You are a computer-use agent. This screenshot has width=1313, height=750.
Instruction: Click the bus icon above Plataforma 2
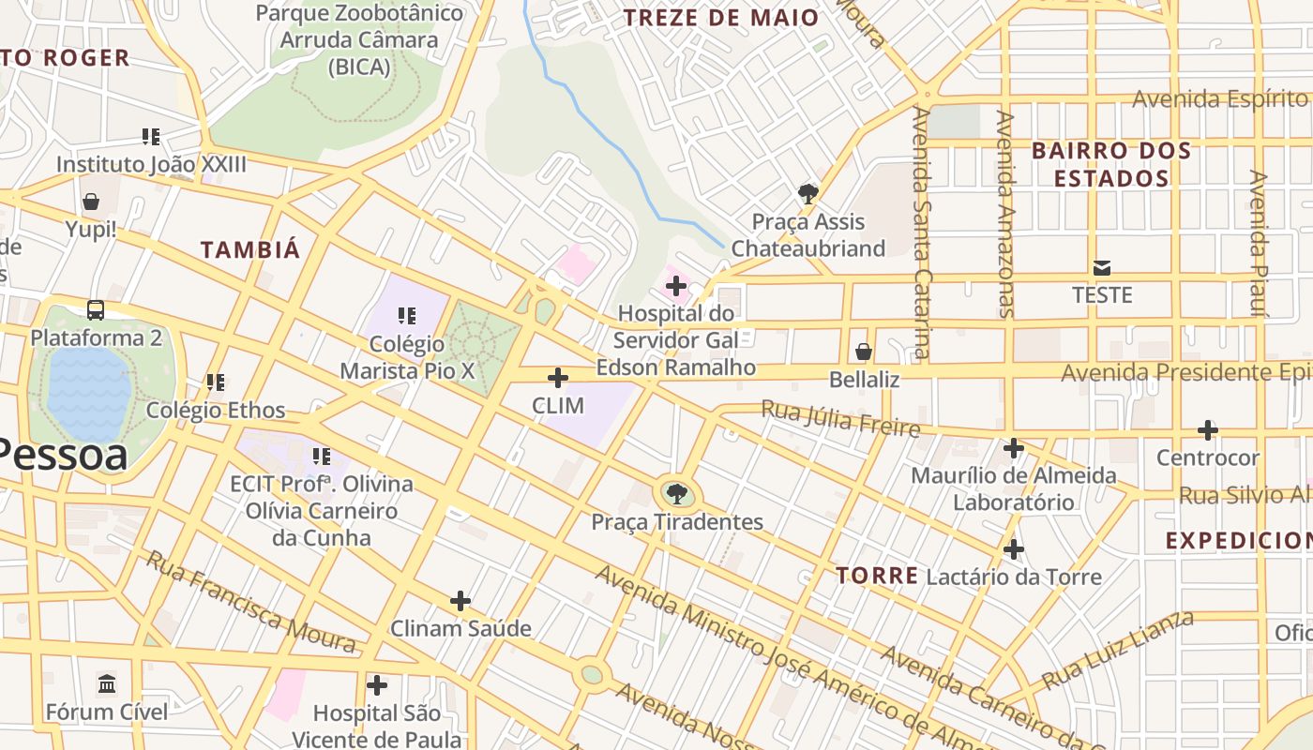coord(96,309)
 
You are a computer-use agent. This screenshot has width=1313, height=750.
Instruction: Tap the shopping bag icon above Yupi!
coord(91,202)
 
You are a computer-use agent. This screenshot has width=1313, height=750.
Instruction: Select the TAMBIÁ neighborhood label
coord(250,249)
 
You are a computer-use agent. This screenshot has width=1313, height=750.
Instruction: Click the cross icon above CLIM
coord(558,378)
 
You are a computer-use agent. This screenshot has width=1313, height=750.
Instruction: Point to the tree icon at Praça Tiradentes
coord(676,493)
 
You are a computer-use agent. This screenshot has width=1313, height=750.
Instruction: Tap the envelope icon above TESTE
coord(1102,267)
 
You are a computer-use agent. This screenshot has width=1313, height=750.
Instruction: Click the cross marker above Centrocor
coord(1208,430)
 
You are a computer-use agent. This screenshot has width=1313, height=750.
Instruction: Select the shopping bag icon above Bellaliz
coord(864,352)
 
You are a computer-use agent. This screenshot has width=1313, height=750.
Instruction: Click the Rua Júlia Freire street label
coord(839,418)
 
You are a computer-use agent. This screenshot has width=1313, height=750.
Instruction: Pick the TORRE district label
coord(877,575)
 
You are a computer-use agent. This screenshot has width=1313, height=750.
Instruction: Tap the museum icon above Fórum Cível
coord(107,684)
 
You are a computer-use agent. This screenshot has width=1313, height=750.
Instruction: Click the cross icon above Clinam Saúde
coord(460,600)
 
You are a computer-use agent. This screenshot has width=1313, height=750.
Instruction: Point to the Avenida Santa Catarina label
coord(922,232)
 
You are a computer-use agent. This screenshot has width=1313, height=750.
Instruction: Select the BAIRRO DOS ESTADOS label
coord(1111,164)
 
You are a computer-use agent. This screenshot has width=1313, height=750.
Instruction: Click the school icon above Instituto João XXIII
coord(151,137)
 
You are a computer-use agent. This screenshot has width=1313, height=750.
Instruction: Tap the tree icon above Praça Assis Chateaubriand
coord(807,194)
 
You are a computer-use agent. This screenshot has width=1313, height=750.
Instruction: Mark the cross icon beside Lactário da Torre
coord(1014,549)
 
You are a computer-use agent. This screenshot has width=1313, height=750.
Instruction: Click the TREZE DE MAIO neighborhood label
coord(720,17)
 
